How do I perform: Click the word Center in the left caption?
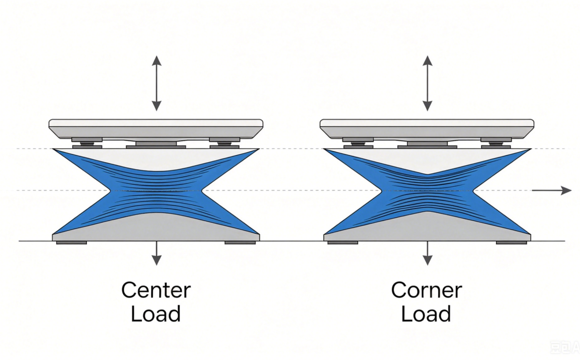(156, 290)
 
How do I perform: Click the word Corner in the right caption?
(426, 290)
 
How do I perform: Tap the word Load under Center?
(155, 313)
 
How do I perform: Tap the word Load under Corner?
(426, 313)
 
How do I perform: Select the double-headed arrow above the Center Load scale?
(156, 83)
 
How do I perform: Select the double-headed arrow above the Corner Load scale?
(427, 83)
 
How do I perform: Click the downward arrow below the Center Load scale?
(156, 253)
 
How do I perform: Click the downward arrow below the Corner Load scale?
(427, 253)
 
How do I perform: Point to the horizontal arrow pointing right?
(552, 190)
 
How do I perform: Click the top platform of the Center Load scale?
(156, 129)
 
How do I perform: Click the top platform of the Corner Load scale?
(427, 129)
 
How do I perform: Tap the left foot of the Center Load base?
(71, 243)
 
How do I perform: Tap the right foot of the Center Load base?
(240, 243)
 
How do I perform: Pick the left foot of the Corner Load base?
(343, 243)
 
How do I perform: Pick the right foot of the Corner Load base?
(512, 243)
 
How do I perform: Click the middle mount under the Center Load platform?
(156, 145)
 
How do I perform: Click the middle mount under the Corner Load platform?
(427, 145)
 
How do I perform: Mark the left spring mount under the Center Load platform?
(87, 143)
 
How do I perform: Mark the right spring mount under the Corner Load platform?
(496, 143)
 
